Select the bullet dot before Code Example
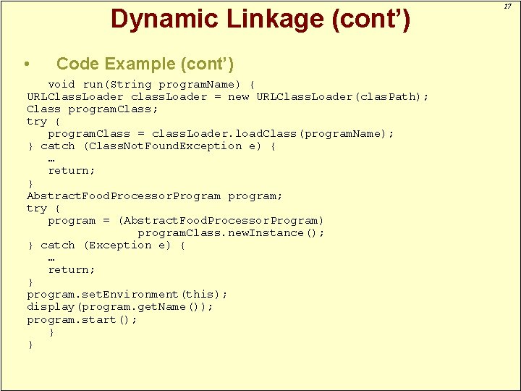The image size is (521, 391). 27,64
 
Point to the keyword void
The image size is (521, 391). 62,84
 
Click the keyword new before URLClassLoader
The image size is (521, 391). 238,96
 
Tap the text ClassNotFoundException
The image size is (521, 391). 174,146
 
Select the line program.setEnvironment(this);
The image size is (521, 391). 127,294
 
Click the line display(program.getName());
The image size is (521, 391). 119,306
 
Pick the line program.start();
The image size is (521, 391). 82,319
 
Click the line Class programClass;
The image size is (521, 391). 92,109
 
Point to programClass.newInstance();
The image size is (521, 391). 231,232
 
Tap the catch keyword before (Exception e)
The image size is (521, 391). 57,245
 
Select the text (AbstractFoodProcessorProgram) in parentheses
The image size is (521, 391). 221,220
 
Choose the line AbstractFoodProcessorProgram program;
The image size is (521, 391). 154,195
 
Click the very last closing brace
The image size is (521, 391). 30,345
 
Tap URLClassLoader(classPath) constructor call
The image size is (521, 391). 342,96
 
